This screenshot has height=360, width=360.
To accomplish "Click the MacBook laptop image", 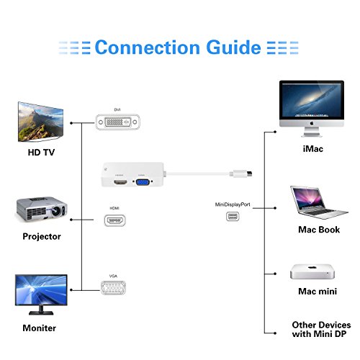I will [315, 203].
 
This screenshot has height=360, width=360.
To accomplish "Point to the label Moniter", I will [40, 328].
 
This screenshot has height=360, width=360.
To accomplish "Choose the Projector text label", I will [42, 236].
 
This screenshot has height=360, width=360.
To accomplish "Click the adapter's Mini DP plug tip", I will [249, 173].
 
